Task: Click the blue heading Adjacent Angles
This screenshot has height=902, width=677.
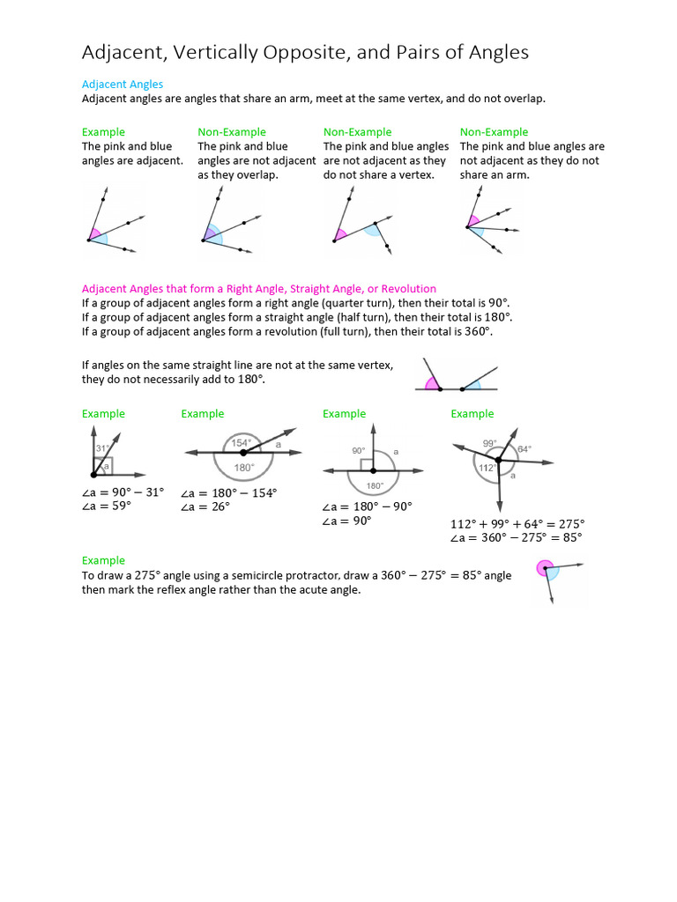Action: pos(123,84)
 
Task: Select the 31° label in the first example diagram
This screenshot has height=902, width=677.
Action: pos(102,448)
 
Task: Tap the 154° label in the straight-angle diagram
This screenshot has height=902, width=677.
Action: pos(242,442)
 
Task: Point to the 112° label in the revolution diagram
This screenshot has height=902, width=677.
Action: pos(486,468)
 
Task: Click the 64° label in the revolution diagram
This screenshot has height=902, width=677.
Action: pos(524,448)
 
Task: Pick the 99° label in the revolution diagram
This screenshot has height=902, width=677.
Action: pos(489,442)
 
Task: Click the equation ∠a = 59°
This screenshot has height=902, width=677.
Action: pos(113,506)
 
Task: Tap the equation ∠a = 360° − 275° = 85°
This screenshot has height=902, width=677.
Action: pos(516,537)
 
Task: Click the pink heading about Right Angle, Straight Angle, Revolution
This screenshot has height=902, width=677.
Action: pos(259,288)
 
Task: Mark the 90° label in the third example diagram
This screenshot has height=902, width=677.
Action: pos(358,450)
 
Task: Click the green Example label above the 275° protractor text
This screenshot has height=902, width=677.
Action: pos(103,560)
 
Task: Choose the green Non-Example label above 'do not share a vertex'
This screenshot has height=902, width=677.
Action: pos(357,132)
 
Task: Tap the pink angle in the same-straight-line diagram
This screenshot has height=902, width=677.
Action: pos(432,383)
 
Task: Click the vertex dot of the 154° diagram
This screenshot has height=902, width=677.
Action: pos(243,452)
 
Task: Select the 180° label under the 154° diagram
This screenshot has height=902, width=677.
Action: pos(243,467)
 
